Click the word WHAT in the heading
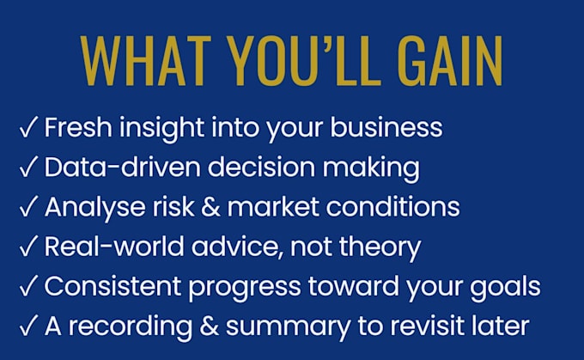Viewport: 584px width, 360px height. pos(146,61)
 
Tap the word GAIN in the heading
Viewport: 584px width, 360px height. pos(450,61)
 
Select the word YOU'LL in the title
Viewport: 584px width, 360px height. pos(304,61)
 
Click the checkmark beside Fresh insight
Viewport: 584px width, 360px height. pos(28,126)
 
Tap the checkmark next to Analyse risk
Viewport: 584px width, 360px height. pos(28,206)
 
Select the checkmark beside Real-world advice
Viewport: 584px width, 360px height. pos(28,246)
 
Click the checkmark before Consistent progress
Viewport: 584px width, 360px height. pos(28,286)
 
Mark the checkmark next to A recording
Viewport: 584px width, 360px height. pos(28,326)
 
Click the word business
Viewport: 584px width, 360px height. pos(386,127)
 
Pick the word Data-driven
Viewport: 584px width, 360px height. pos(123,167)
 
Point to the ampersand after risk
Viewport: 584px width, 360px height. pos(210,206)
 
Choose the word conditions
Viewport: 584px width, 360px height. pos(393,206)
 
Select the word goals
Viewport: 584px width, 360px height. pos(505,287)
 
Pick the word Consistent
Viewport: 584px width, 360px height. pos(113,286)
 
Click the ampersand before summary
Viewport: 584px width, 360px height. pos(209,326)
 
